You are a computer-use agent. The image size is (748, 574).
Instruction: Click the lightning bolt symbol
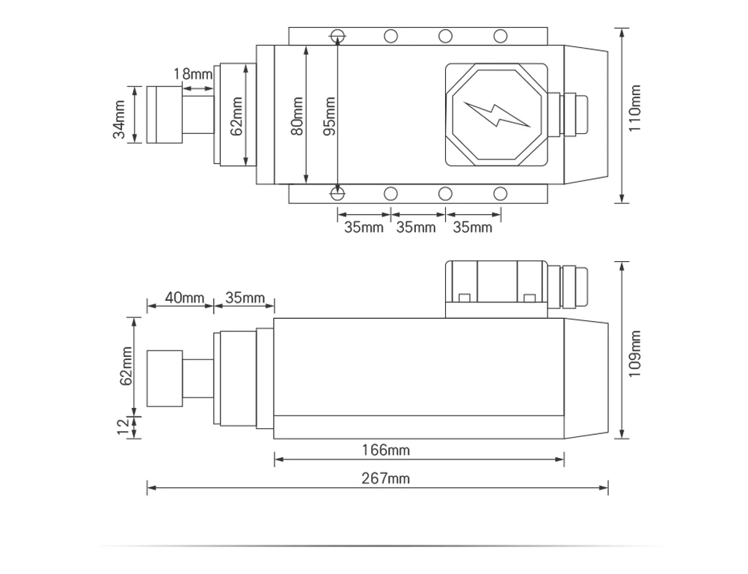[x=497, y=115]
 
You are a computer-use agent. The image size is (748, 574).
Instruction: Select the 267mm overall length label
[x=385, y=478]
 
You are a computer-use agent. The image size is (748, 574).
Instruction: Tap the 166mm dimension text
[x=385, y=450]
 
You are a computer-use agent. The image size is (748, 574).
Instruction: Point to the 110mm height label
[x=634, y=109]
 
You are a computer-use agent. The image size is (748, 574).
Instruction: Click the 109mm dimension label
[x=634, y=353]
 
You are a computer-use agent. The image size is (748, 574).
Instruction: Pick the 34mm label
[x=119, y=119]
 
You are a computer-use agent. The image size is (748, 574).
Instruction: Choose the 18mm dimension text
[x=193, y=74]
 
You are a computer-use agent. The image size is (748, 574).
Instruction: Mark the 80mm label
[x=297, y=116]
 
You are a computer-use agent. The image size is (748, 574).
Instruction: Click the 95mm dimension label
[x=329, y=116]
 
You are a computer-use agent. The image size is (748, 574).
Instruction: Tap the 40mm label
[x=185, y=298]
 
